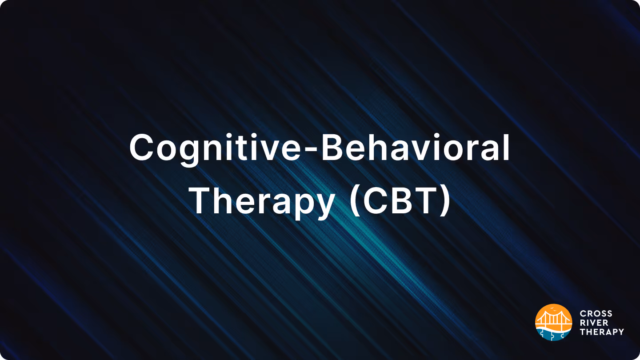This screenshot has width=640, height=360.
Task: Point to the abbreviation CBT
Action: (x=400, y=201)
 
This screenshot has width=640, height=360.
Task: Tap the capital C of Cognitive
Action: (x=143, y=148)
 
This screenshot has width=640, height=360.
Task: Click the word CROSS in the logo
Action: (x=596, y=314)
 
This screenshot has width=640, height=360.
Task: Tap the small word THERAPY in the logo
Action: (x=602, y=332)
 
